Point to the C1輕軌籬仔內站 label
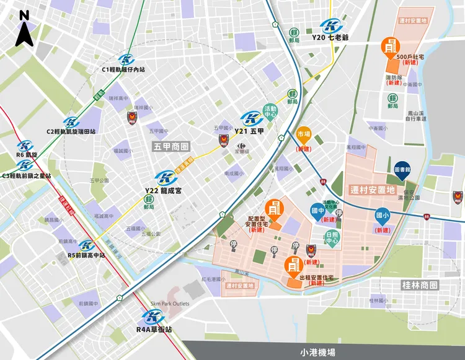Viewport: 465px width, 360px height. click(123, 69)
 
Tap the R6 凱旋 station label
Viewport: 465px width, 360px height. click(27, 154)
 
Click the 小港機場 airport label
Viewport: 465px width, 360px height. click(317, 351)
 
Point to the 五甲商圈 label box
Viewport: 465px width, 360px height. click(171, 147)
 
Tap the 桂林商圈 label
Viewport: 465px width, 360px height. click(420, 286)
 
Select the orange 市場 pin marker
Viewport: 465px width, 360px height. click(303, 134)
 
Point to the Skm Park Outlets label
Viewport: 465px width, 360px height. click(169, 304)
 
